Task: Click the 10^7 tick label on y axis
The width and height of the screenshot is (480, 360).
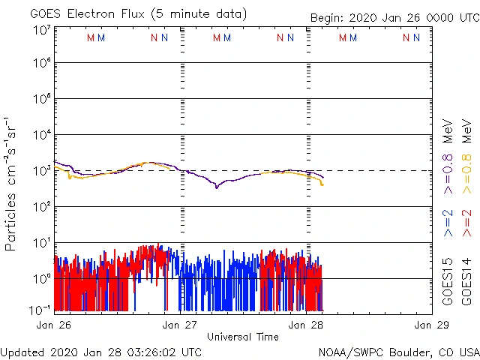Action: click(x=41, y=31)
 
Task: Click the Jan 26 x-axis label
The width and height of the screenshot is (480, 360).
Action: click(x=54, y=325)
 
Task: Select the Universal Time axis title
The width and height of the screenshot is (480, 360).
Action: click(x=243, y=337)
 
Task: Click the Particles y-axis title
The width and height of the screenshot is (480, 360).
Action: click(x=12, y=183)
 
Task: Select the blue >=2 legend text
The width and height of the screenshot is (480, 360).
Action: click(x=448, y=223)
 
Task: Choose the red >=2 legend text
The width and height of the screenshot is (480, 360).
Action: click(x=466, y=223)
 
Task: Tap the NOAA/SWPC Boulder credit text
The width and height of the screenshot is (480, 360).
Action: click(x=398, y=352)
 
